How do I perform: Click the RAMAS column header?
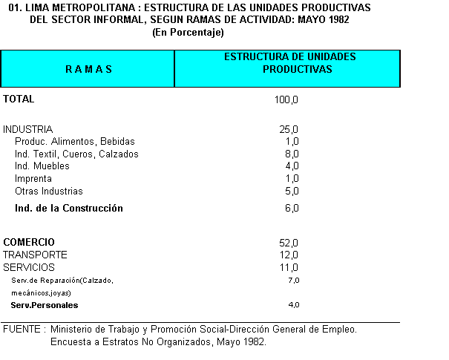[x=88, y=69]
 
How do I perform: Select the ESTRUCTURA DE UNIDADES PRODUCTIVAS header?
[x=289, y=63]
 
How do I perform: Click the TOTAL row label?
[x=19, y=99]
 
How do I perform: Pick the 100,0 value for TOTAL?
[x=286, y=99]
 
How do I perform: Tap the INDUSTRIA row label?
[x=28, y=129]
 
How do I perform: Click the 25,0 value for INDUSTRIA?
[x=289, y=129]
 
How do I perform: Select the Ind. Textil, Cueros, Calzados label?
[x=76, y=154]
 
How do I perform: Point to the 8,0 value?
[x=292, y=154]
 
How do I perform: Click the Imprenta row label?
[x=33, y=179]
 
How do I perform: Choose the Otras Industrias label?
[x=49, y=192]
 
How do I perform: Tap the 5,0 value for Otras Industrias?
[x=292, y=192]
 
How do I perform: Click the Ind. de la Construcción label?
[x=69, y=209]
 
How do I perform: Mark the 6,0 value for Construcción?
[x=292, y=209]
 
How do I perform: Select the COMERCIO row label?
[x=29, y=242]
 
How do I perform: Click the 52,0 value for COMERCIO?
[x=289, y=243]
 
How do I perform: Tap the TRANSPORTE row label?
[x=35, y=255]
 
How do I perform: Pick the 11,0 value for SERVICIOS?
[x=289, y=267]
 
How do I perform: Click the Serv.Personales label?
[x=45, y=305]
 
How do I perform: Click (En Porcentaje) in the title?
[x=188, y=33]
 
